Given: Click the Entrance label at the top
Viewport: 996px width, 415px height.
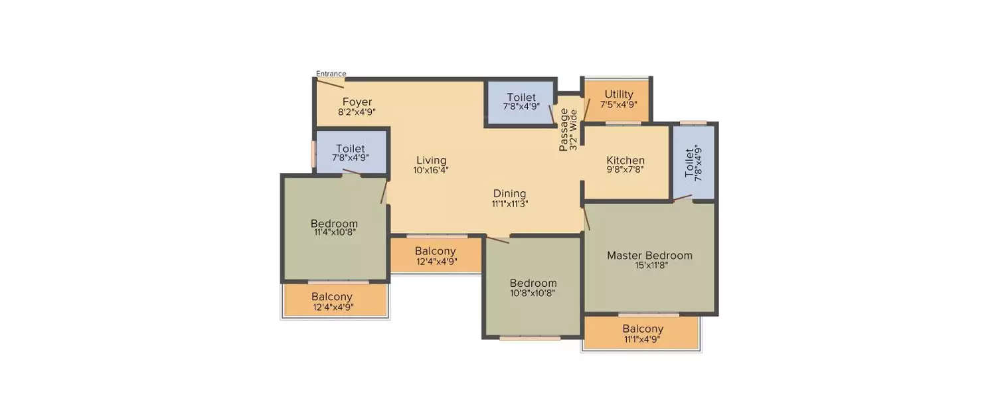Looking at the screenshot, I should pos(331,74).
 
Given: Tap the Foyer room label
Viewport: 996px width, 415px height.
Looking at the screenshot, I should pos(357,102).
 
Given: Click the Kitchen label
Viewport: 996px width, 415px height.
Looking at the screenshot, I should pos(625,161).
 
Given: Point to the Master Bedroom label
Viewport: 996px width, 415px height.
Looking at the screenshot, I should pos(649,256).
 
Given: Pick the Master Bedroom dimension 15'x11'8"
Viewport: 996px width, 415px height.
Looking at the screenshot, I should pos(649,266).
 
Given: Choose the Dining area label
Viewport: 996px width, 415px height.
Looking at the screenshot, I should pos(509,194).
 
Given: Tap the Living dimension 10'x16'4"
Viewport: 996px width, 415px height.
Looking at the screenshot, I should pos(431,170).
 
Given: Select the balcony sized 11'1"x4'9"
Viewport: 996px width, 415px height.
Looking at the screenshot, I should pos(642,333).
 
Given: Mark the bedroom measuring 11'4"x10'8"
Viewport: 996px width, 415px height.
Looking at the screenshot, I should pos(334,228).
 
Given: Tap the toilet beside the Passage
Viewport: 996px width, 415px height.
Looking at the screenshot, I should pos(521,102).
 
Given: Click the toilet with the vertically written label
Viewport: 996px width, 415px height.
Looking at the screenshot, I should pos(693,163).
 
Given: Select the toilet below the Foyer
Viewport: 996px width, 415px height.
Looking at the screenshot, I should pos(350,153).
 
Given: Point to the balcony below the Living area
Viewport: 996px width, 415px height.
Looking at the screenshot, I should pos(436,255).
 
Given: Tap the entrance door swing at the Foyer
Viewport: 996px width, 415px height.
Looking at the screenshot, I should pos(330,83).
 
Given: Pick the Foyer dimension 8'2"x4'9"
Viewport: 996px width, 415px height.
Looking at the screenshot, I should pos(357,112).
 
